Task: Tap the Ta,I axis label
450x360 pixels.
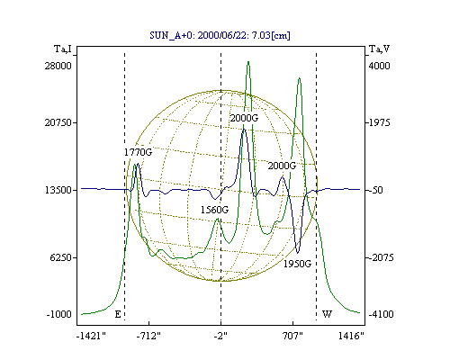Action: click(63, 49)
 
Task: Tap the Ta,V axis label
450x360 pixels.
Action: click(380, 49)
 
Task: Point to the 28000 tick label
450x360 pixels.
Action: click(58, 66)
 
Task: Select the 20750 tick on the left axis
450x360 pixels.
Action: click(58, 122)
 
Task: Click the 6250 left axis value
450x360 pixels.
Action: click(60, 257)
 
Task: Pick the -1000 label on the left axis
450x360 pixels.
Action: click(59, 314)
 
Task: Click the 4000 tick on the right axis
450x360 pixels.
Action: click(379, 66)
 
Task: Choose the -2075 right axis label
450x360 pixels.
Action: click(381, 257)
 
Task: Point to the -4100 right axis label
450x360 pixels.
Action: click(381, 314)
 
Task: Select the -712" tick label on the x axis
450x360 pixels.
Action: click(148, 336)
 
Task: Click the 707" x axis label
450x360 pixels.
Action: click(292, 336)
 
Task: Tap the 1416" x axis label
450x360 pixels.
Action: click(351, 336)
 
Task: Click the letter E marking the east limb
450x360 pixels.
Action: click(118, 314)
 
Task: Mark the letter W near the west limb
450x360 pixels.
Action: click(327, 314)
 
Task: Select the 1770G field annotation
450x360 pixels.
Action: click(139, 152)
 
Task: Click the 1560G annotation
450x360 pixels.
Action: click(214, 210)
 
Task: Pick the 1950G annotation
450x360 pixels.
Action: click(298, 264)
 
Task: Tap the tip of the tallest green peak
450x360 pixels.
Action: click(248, 61)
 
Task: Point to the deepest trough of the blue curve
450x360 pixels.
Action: click(298, 253)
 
